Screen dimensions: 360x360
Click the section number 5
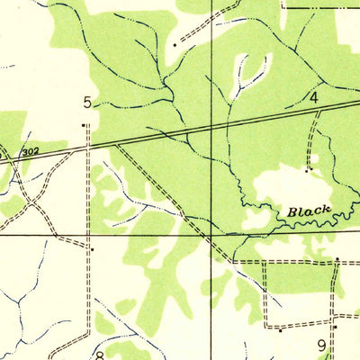click(x=87, y=101)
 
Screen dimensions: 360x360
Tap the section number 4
click(x=314, y=96)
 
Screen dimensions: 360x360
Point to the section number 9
click(x=321, y=344)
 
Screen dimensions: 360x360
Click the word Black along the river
click(x=309, y=211)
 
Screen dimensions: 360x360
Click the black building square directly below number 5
click(x=84, y=125)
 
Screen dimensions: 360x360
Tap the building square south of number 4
click(x=307, y=168)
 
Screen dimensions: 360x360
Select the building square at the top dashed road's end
click(x=174, y=43)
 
